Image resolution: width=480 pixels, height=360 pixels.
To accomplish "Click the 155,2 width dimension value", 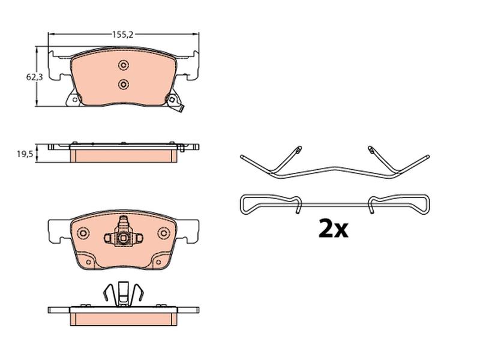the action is (123, 35).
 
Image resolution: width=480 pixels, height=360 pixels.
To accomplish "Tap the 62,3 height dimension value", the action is (34, 77).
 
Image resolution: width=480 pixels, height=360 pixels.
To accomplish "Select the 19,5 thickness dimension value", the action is (25, 154).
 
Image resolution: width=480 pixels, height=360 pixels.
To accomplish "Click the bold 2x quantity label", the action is (333, 229).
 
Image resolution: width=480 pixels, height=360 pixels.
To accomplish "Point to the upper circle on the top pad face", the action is (124, 65).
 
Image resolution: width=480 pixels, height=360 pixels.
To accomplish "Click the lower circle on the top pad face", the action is (124, 84).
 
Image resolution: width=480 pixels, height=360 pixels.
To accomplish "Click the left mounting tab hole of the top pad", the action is (74, 99).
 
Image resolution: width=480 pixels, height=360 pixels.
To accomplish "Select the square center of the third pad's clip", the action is (124, 238).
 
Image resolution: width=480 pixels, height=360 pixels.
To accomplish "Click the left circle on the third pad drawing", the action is (83, 233).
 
